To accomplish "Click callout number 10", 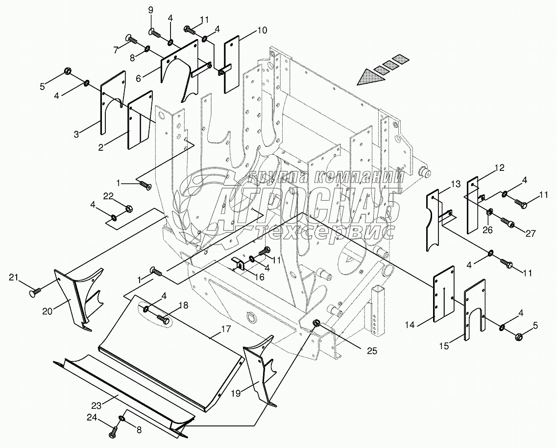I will click(x=262, y=31).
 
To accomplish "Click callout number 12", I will click(x=499, y=167).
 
